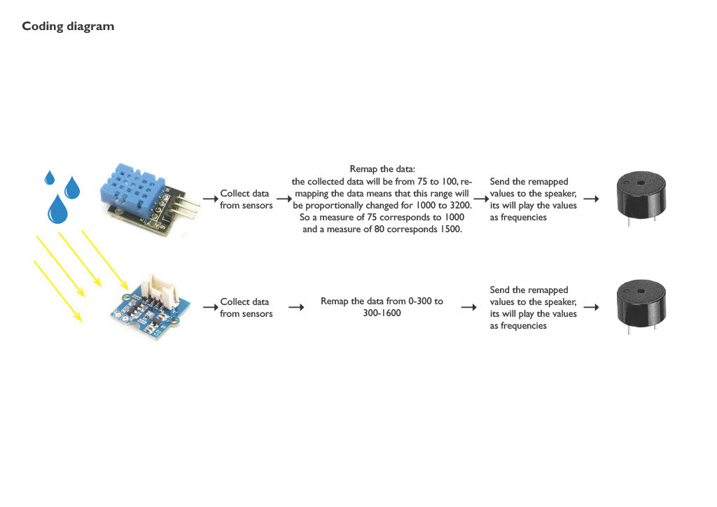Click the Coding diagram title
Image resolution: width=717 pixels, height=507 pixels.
(68, 27)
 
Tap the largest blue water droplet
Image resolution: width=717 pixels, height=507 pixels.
(58, 208)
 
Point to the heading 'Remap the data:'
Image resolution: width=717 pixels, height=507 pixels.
(382, 169)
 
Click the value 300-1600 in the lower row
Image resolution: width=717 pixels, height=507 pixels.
(382, 313)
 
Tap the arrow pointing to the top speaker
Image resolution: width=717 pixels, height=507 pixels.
(591, 199)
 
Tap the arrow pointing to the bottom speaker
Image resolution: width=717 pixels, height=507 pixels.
(591, 307)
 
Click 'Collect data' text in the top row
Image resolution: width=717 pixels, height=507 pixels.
(244, 193)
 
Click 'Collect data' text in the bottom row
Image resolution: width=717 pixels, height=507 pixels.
(244, 301)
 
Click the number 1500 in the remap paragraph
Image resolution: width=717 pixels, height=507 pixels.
(449, 229)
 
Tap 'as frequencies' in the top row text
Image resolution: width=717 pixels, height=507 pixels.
(518, 217)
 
